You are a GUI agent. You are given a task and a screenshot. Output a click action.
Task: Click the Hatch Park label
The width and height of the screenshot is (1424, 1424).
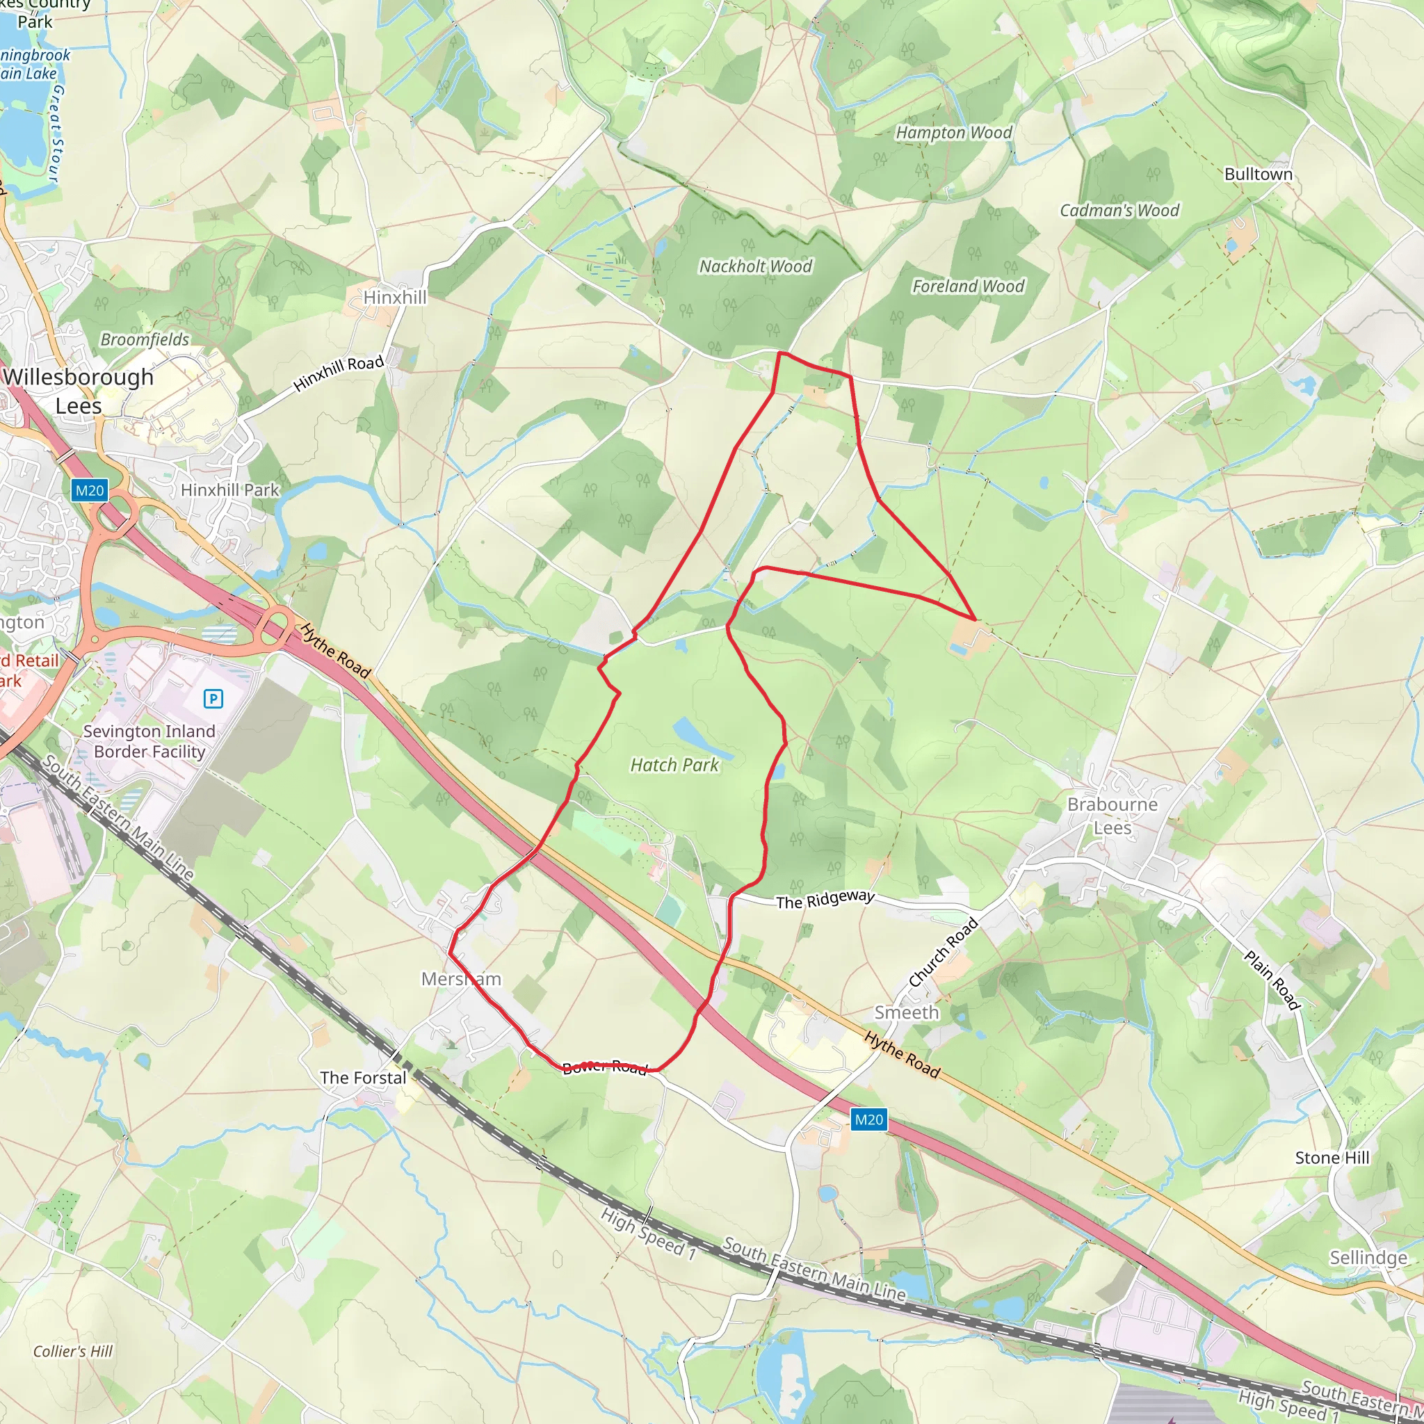pos(674,765)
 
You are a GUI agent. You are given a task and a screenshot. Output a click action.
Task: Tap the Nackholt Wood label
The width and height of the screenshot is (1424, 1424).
pos(756,266)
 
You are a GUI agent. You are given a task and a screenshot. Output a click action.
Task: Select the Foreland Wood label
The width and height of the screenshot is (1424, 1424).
pos(968,286)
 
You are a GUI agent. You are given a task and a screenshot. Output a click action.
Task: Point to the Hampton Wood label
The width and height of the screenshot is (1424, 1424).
pos(954,133)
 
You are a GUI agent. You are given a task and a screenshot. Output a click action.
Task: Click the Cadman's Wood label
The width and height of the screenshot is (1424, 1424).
pos(1119,211)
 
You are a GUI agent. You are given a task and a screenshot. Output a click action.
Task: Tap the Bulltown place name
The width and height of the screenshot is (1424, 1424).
pos(1258,175)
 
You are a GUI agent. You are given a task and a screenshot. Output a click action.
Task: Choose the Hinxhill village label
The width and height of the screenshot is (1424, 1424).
pos(395,297)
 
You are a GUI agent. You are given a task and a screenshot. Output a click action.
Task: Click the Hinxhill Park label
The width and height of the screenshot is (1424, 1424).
pos(230,490)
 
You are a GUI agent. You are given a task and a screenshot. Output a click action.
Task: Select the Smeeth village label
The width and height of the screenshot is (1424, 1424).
pos(907,1012)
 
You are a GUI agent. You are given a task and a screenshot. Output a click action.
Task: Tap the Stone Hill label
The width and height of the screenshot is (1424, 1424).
pos(1332,1158)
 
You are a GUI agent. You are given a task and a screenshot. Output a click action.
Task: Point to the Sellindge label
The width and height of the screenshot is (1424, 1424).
pos(1368,1257)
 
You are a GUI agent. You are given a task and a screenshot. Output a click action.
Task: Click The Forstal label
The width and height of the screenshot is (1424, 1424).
pos(364,1078)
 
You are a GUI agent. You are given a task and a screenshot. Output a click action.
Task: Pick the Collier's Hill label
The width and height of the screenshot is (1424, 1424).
pos(73,1351)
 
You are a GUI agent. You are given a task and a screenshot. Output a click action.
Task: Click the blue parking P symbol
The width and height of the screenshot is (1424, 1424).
pos(213,698)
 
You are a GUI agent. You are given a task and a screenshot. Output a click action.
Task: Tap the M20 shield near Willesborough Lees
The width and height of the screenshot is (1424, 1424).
pos(90,490)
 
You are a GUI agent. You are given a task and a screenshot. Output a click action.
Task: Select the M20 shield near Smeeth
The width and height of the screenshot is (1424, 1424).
pos(868,1120)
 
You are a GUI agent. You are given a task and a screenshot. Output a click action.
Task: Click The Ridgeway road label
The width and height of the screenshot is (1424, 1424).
pos(825,900)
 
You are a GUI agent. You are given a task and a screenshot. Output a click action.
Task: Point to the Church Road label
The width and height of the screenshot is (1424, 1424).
pos(944,953)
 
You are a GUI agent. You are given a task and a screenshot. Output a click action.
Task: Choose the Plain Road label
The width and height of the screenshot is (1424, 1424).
pos(1272,980)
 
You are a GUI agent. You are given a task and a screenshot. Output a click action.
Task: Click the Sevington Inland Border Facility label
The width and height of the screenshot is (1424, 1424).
pos(149,741)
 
